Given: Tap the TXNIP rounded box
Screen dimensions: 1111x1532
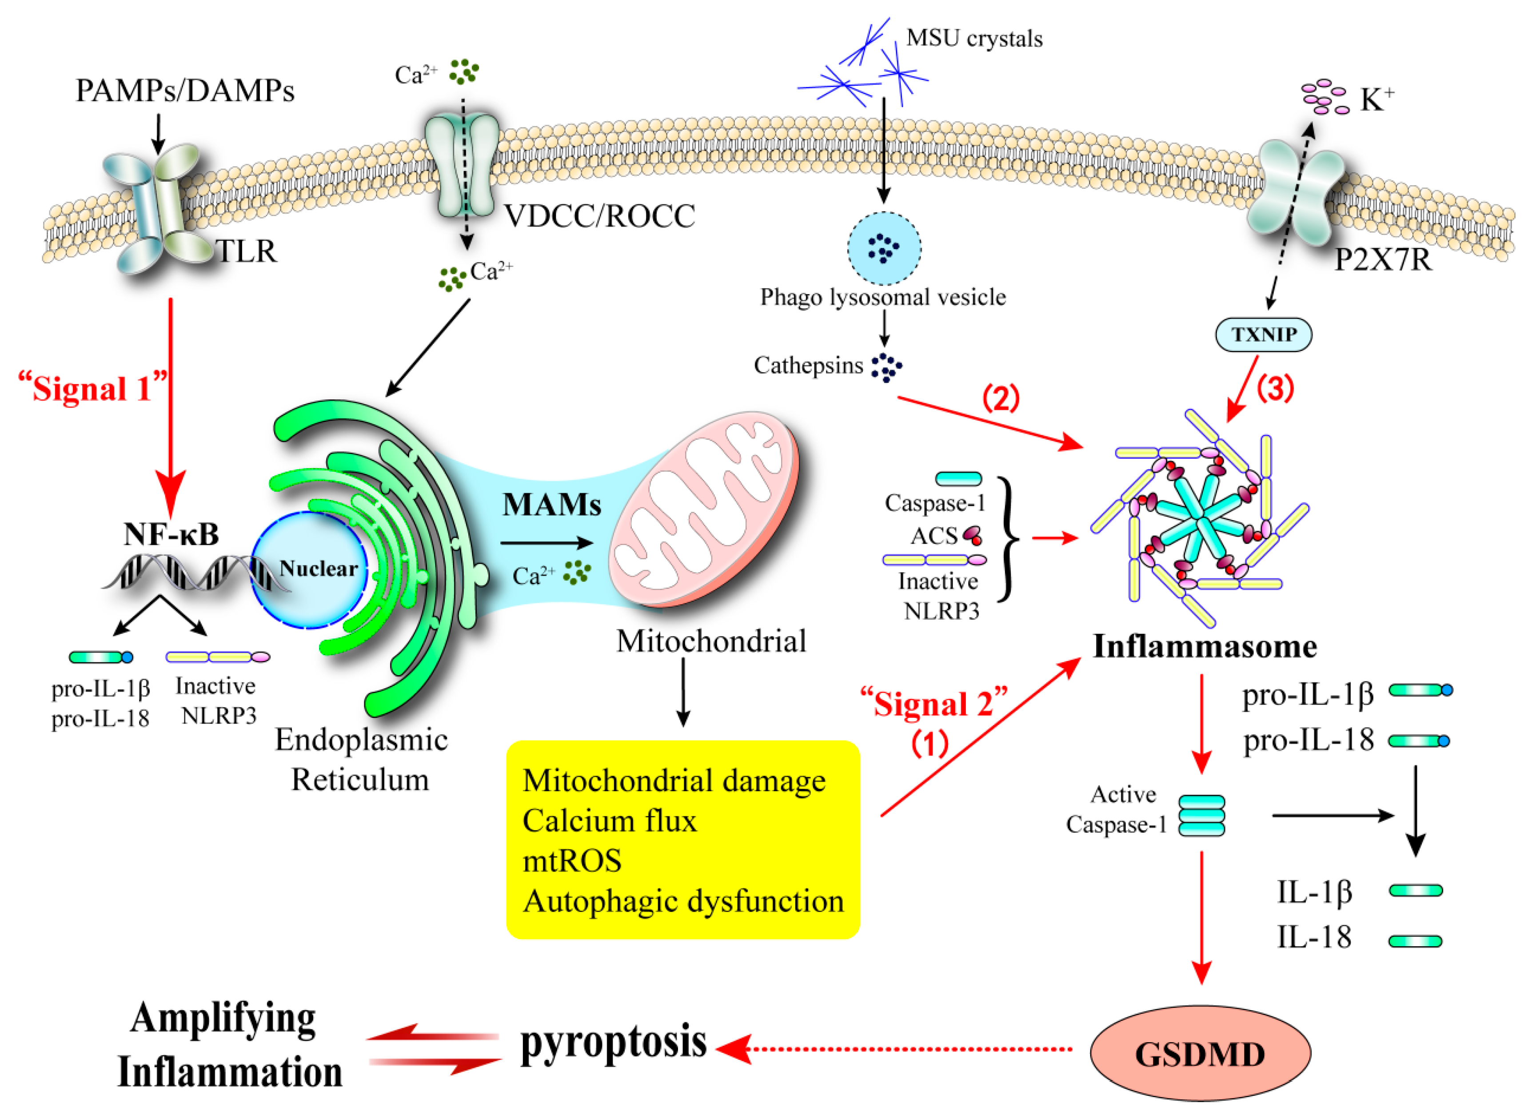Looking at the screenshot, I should pyautogui.click(x=1263, y=334).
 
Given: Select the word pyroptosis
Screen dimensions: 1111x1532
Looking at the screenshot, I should pyautogui.click(x=613, y=1042).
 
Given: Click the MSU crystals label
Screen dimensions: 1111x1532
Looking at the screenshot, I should pyautogui.click(x=973, y=39).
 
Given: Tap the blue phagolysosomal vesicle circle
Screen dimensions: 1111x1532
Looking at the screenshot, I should pyautogui.click(x=884, y=248).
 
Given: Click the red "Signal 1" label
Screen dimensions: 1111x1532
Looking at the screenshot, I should pyautogui.click(x=92, y=388).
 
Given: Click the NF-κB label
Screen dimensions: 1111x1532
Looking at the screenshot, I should pyautogui.click(x=171, y=534).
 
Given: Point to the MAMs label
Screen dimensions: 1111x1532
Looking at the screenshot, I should pyautogui.click(x=551, y=505).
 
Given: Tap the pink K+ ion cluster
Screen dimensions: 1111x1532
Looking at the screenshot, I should pyautogui.click(x=1325, y=96).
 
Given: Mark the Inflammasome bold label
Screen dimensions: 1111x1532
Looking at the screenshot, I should pyautogui.click(x=1205, y=646).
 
